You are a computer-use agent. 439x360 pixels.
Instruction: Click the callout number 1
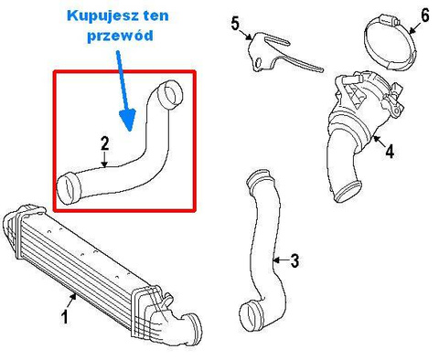(x=65, y=316)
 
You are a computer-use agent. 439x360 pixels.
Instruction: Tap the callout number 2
(x=104, y=143)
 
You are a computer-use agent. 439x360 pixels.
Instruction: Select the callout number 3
(x=294, y=260)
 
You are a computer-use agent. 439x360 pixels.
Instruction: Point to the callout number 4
(x=390, y=152)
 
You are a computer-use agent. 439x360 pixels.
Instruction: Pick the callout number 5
(x=235, y=24)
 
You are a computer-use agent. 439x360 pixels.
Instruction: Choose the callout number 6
(x=424, y=16)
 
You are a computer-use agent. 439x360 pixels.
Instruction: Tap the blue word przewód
(x=120, y=36)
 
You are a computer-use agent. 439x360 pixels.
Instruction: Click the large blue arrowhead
(x=128, y=119)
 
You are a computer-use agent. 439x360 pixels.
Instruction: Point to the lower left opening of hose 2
(x=69, y=188)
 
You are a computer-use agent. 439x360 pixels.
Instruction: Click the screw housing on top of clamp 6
(x=385, y=22)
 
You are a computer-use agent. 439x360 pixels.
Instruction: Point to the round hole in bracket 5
(x=259, y=63)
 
